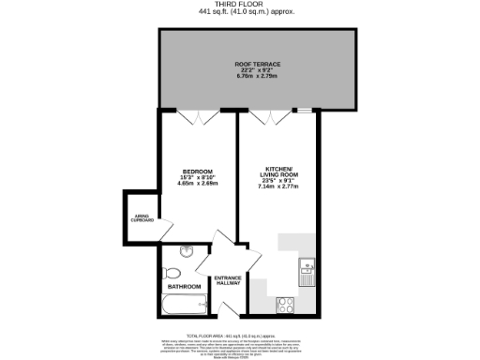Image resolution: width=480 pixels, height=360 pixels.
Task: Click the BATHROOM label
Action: tap(185, 286)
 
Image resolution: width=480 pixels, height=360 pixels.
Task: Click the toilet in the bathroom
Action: tap(170, 273)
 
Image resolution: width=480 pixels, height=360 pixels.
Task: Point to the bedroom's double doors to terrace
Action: tap(197, 116)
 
